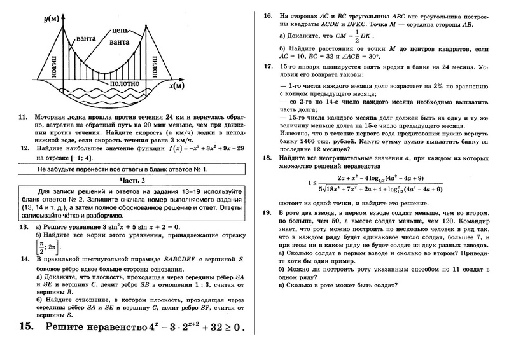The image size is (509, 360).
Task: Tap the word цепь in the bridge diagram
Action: tap(122, 30)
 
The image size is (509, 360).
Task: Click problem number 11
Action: tap(23, 118)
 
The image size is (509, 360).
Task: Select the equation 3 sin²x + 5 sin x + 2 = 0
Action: tap(133, 226)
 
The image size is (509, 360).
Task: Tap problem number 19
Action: tap(268, 210)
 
